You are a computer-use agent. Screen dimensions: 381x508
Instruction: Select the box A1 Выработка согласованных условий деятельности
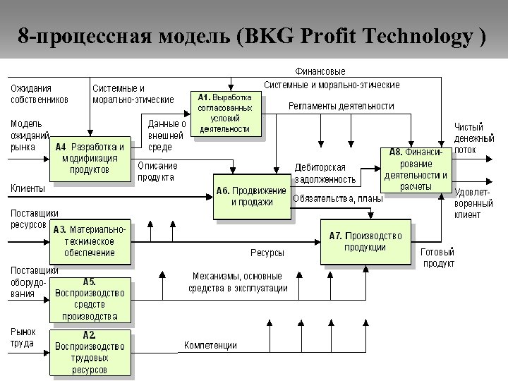click(225, 113)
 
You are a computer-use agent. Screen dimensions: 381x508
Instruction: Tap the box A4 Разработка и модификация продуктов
click(90, 158)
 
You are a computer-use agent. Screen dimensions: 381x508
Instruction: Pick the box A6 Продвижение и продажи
click(252, 196)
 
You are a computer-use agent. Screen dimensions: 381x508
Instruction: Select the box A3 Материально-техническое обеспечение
click(90, 241)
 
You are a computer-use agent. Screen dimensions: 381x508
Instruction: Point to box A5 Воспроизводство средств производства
click(90, 298)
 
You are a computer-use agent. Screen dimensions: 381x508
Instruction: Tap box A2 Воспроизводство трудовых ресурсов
click(90, 352)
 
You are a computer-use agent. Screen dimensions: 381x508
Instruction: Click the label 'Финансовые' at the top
click(320, 71)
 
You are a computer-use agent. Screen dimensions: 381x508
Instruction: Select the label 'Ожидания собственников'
click(40, 94)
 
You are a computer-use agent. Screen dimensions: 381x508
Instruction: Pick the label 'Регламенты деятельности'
click(341, 106)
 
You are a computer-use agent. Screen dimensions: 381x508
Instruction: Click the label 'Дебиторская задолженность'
click(320, 174)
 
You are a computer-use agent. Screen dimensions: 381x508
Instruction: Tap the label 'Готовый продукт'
click(437, 258)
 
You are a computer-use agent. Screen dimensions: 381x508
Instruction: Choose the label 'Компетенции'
click(210, 345)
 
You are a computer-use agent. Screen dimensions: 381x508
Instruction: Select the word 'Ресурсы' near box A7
click(267, 252)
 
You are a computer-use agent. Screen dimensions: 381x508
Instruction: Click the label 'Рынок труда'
click(23, 337)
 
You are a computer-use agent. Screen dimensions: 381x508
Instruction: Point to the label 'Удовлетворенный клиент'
click(473, 202)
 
